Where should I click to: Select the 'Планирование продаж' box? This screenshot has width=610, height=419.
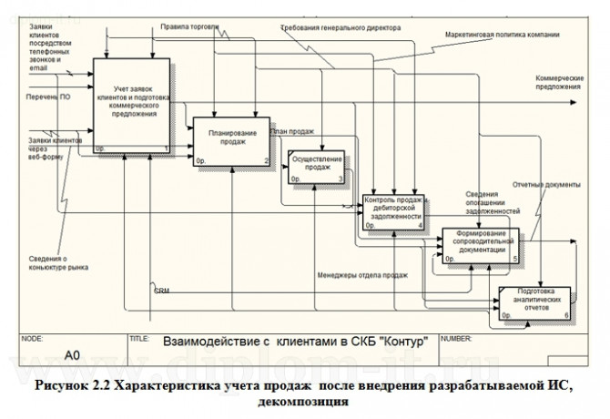(x=232, y=141)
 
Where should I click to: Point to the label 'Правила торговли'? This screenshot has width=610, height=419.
(x=189, y=27)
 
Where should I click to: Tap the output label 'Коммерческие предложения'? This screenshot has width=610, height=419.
(x=557, y=82)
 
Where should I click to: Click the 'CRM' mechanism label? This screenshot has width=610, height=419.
(x=161, y=291)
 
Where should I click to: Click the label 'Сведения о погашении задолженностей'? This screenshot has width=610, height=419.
(x=493, y=202)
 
